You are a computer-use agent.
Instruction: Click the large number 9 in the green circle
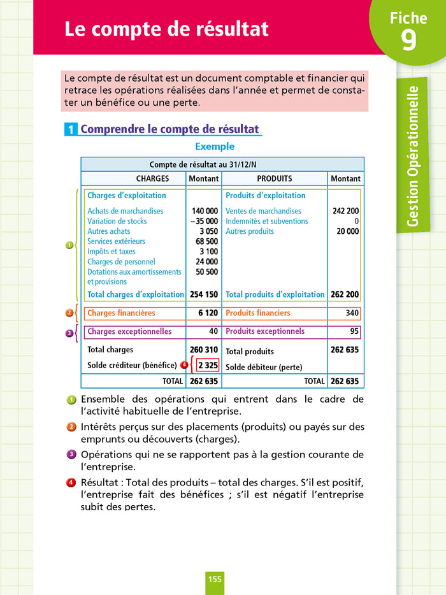(x=408, y=39)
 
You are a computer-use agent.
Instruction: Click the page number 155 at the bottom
(x=215, y=578)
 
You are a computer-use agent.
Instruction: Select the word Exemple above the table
(x=215, y=147)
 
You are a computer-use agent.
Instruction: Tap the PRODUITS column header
(x=275, y=179)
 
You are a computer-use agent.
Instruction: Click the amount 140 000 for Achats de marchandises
(x=205, y=211)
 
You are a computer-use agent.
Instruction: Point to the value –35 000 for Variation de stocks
(x=205, y=221)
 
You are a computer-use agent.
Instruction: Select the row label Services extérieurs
(x=116, y=241)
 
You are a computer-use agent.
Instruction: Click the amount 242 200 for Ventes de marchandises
(x=345, y=211)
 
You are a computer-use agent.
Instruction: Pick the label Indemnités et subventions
(x=266, y=221)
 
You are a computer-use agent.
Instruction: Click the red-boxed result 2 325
(x=207, y=365)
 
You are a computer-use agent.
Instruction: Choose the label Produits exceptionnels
(x=265, y=332)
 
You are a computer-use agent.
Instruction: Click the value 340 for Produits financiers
(x=352, y=313)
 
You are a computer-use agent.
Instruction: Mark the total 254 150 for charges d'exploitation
(x=204, y=294)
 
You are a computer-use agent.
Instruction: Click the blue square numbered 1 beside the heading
(x=71, y=130)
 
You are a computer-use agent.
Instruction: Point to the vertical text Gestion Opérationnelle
(x=413, y=156)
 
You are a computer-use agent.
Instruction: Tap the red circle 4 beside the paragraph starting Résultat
(x=71, y=482)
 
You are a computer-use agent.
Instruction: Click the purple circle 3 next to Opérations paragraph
(x=71, y=454)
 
